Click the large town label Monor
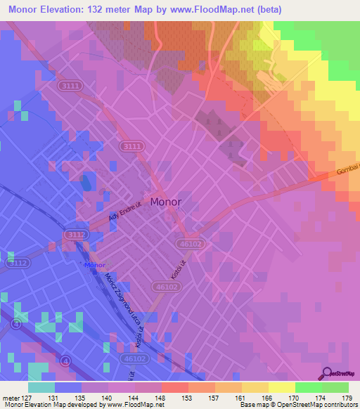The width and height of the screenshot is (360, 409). point(166,202)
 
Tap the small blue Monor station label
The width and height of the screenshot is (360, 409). point(94,266)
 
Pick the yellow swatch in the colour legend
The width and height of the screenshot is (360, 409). point(281,387)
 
